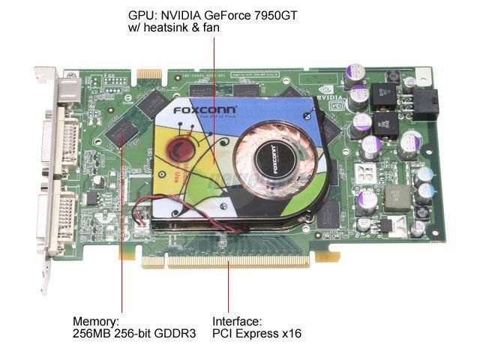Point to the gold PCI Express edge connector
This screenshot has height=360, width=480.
point(236,261)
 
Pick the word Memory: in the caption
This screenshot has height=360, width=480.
point(95,319)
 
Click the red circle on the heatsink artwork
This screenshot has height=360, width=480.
point(183,143)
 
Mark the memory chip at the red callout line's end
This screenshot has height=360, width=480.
point(122,130)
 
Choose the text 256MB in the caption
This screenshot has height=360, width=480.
point(91,333)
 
